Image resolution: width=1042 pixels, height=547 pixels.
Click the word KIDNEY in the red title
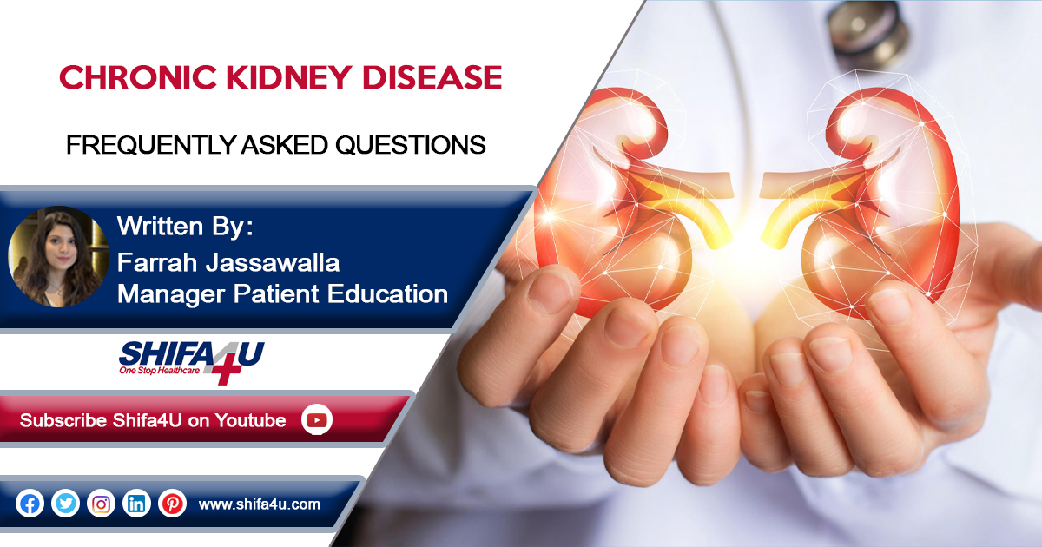[x=289, y=77]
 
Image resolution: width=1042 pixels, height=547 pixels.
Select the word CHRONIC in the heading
[x=138, y=77]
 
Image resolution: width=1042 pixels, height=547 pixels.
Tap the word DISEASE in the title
[x=432, y=77]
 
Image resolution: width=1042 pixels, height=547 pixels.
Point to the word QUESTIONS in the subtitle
[x=410, y=145]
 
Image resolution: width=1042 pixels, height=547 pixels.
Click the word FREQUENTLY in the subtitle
[x=152, y=145]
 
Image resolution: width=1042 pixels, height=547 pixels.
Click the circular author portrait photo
[x=59, y=257]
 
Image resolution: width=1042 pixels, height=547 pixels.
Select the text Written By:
[x=185, y=226]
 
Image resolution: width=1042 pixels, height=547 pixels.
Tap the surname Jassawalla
[x=273, y=262]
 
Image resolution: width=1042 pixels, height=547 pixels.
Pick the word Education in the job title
[x=387, y=294]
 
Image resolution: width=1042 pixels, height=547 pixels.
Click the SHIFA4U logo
[x=191, y=362]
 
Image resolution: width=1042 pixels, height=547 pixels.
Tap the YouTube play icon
[x=317, y=420]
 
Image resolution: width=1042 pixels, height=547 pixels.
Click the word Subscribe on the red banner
[x=63, y=420]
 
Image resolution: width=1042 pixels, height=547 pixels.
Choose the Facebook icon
[x=30, y=504]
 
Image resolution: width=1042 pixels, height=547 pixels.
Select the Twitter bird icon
[x=65, y=504]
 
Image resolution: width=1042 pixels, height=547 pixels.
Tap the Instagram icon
[x=101, y=504]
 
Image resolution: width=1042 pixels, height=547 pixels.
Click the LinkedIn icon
[x=136, y=504]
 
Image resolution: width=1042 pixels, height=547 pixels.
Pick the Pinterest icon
[x=172, y=504]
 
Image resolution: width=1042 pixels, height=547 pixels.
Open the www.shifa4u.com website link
[x=259, y=504]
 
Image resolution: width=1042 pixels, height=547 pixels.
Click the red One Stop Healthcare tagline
[x=159, y=371]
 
